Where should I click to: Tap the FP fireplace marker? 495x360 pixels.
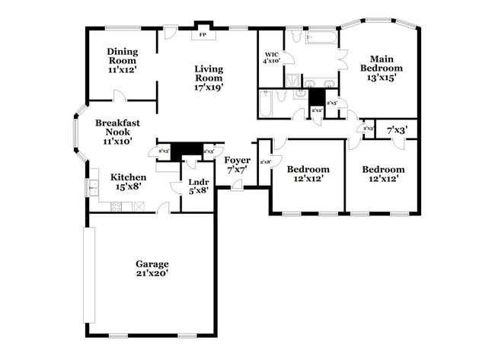pos(203,35)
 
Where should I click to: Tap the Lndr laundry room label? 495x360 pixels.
pos(197,185)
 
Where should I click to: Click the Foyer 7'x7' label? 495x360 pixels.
pos(236,164)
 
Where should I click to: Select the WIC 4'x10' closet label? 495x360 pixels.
pos(272,58)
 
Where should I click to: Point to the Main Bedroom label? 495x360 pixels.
pos(381,68)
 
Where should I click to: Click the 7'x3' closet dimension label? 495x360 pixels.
pos(397,130)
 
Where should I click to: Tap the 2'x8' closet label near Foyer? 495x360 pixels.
pos(266,162)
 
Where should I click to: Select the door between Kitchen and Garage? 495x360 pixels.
pos(163,208)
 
